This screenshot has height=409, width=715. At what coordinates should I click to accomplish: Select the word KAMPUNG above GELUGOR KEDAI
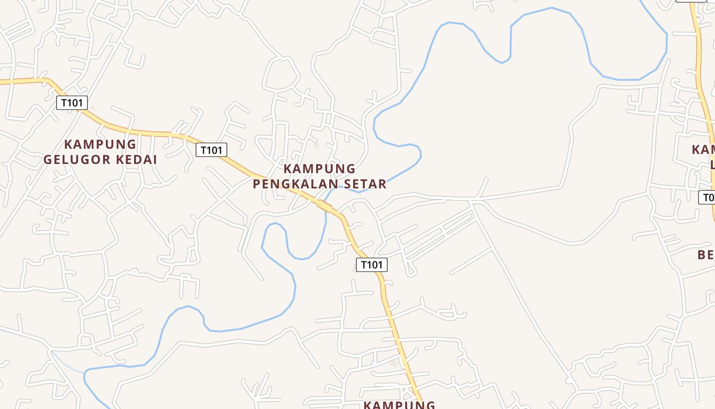[x=100, y=144]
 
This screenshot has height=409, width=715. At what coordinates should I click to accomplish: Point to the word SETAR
[x=367, y=184]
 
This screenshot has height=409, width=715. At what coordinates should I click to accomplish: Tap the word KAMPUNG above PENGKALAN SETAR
[x=319, y=168]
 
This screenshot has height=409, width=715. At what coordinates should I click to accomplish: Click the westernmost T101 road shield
[x=71, y=103]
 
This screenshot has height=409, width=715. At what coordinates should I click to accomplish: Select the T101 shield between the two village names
[x=211, y=150]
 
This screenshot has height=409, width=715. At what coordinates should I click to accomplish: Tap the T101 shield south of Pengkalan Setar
[x=371, y=264]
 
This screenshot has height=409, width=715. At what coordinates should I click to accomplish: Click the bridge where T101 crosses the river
[x=325, y=206]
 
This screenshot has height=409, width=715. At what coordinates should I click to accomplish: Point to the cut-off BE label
[x=706, y=254]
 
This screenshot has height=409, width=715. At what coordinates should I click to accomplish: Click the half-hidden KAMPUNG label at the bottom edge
[x=399, y=404]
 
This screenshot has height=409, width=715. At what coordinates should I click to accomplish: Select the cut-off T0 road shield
[x=707, y=197]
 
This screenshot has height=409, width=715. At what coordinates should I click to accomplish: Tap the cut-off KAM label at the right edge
[x=703, y=149]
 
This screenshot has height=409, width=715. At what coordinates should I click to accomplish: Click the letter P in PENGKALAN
[x=257, y=184]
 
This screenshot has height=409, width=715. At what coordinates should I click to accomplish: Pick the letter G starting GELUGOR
[x=47, y=160]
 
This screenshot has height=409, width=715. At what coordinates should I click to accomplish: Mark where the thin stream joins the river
[x=85, y=372]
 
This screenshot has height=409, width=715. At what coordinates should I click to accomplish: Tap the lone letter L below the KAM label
[x=712, y=165]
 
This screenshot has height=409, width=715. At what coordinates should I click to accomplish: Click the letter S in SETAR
[x=349, y=184]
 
